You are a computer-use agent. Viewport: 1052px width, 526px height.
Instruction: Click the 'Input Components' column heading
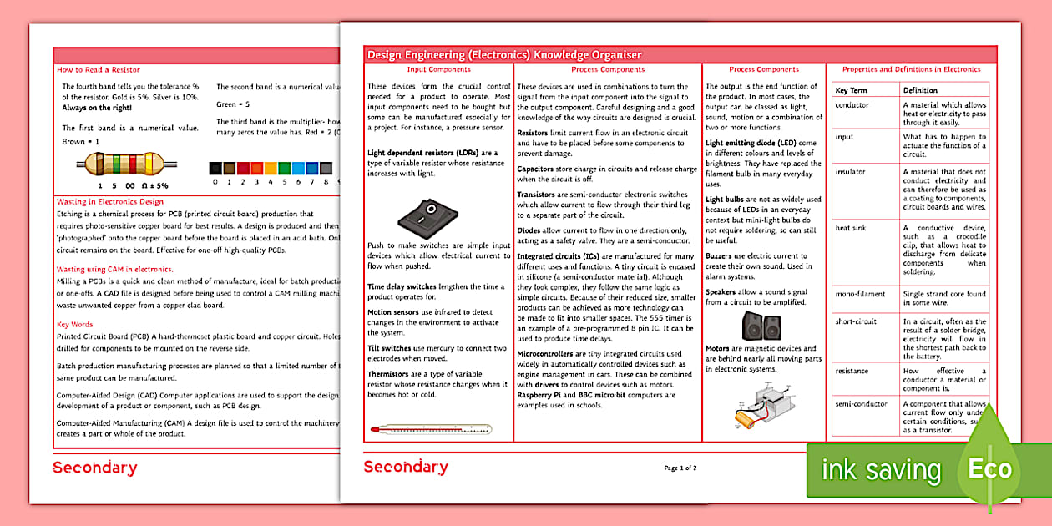[x=438, y=70]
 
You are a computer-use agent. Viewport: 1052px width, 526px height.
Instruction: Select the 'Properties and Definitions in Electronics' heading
[x=911, y=70]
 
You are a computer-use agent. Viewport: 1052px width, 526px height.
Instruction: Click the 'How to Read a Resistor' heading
[x=99, y=70]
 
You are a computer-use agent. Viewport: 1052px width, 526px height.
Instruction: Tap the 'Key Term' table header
[x=852, y=90]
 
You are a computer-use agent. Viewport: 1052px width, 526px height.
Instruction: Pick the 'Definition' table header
[x=920, y=90]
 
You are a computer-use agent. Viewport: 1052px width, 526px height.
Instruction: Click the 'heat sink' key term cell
[x=852, y=228]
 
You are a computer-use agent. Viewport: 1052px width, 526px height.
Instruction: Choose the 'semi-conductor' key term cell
[x=861, y=404]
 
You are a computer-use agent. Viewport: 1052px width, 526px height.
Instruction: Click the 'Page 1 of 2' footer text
[x=680, y=468]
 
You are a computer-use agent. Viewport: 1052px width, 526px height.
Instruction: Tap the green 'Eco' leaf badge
[x=990, y=468]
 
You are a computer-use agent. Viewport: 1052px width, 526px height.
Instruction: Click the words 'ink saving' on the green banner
[x=881, y=470]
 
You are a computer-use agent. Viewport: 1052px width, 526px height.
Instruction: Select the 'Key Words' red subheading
[x=75, y=325]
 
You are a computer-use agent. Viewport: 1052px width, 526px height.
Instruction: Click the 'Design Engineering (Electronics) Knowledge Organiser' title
[x=504, y=55]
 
